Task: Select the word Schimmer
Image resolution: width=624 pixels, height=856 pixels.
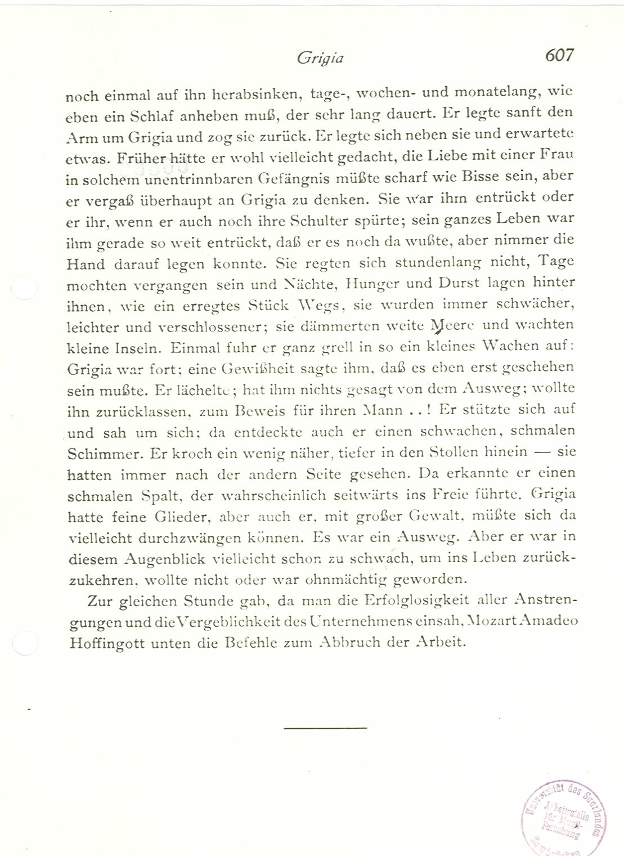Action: click(x=101, y=452)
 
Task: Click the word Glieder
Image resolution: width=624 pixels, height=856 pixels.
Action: click(x=179, y=516)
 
